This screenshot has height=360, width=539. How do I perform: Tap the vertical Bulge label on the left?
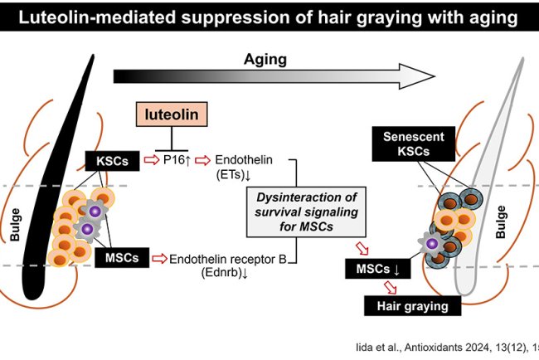[15, 225]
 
